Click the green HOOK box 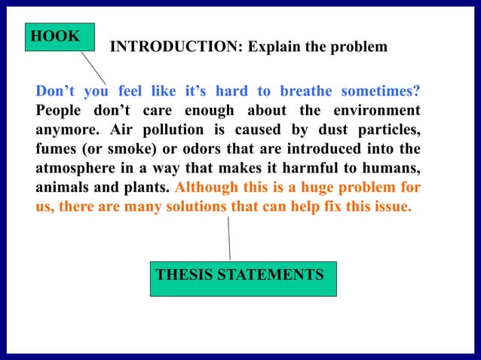point(60,37)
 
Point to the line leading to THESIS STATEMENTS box point(228,238)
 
